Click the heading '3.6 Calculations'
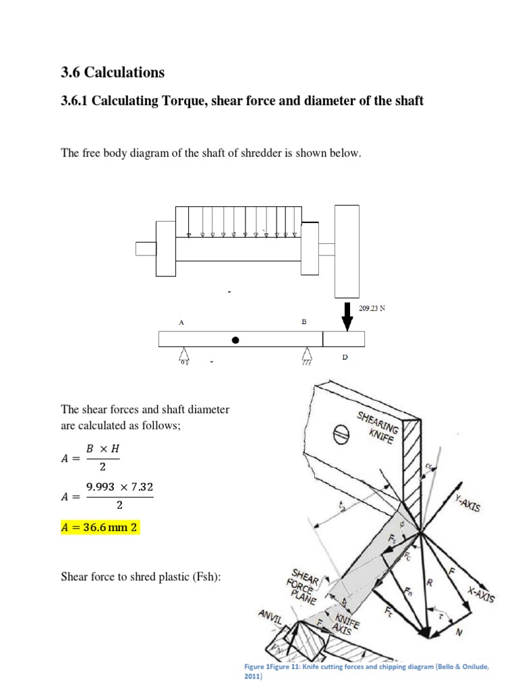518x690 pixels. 113,72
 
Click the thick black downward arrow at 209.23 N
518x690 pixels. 347,317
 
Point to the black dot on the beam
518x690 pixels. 235,340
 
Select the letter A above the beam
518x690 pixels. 181,323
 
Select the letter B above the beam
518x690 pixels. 304,322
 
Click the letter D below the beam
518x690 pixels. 344,357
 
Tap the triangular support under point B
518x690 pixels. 306,355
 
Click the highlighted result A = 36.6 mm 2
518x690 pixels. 100,528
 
